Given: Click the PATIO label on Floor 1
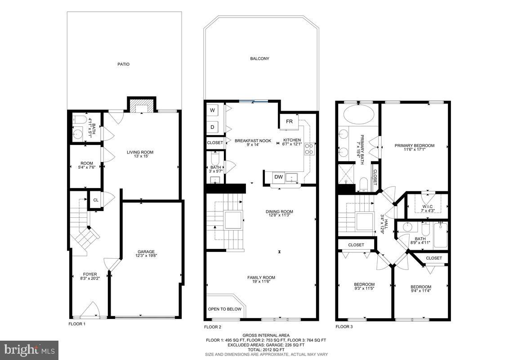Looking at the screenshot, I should coord(124,64).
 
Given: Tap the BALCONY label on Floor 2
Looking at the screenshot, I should coord(260,58).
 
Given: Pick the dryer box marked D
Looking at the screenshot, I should coord(213,127).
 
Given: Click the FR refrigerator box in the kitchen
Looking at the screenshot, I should coord(289,121).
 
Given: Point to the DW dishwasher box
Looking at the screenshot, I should coord(279,177).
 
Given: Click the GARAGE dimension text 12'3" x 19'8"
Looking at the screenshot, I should coord(146,256).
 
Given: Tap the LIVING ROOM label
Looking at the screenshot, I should coord(140,152).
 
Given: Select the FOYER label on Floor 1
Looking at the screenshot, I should coord(89,274).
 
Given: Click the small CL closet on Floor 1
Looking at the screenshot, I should coord(96,200).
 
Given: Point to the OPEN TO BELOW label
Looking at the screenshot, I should coord(224,309).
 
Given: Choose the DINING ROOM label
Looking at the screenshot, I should coord(279,211).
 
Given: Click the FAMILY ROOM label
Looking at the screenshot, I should coord(261,278).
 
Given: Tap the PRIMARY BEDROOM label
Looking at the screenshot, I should coord(415,145).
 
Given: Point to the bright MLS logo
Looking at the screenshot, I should coord(29,350).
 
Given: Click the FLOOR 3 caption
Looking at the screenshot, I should coord(344,327).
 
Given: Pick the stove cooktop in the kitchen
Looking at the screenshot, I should coord(309,149).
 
